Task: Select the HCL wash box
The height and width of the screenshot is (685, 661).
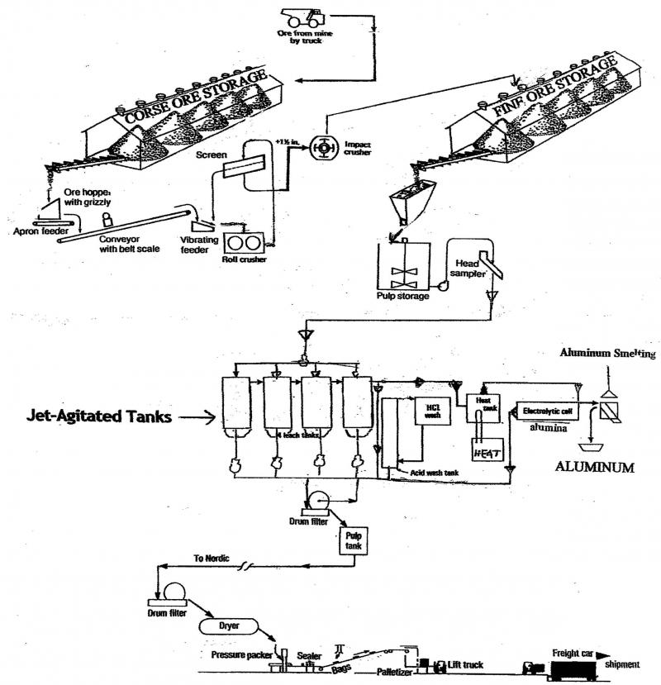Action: point(430,411)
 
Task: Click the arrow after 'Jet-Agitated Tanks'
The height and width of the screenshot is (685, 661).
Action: point(199,418)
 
